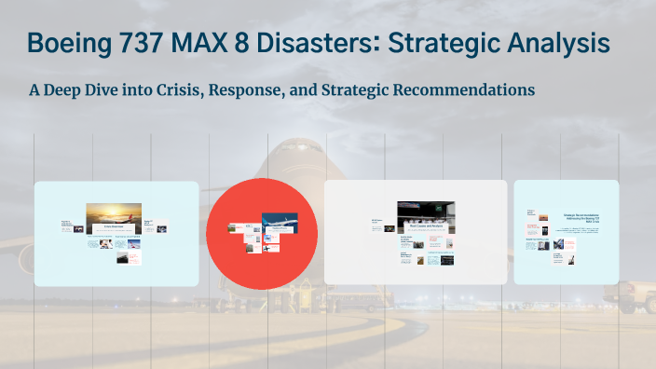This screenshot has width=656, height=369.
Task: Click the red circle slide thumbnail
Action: [x=261, y=233]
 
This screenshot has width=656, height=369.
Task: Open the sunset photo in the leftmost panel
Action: [x=114, y=215]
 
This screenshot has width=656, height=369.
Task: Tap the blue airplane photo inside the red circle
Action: [x=279, y=222]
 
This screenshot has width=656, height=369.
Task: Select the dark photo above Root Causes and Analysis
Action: [x=425, y=213]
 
